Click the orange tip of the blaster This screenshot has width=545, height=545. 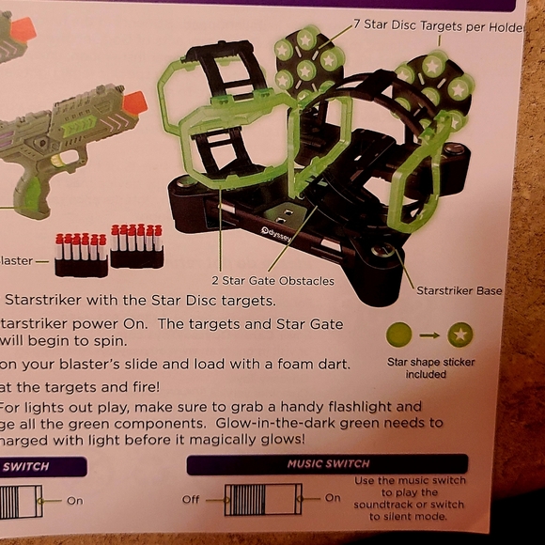[x=135, y=101]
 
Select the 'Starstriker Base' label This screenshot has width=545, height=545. [x=459, y=290]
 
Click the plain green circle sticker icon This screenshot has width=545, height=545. [x=399, y=334]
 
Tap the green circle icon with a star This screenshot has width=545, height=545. [x=460, y=334]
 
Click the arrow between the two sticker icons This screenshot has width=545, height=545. [x=429, y=334]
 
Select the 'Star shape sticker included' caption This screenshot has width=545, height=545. [x=430, y=367]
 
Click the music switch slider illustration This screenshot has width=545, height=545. [x=263, y=499]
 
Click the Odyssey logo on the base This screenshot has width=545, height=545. [x=276, y=233]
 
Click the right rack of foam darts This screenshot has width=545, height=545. [x=137, y=246]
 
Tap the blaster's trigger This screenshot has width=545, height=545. [x=62, y=158]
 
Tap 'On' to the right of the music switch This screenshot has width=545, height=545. [x=333, y=498]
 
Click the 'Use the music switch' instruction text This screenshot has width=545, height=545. [x=410, y=481]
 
